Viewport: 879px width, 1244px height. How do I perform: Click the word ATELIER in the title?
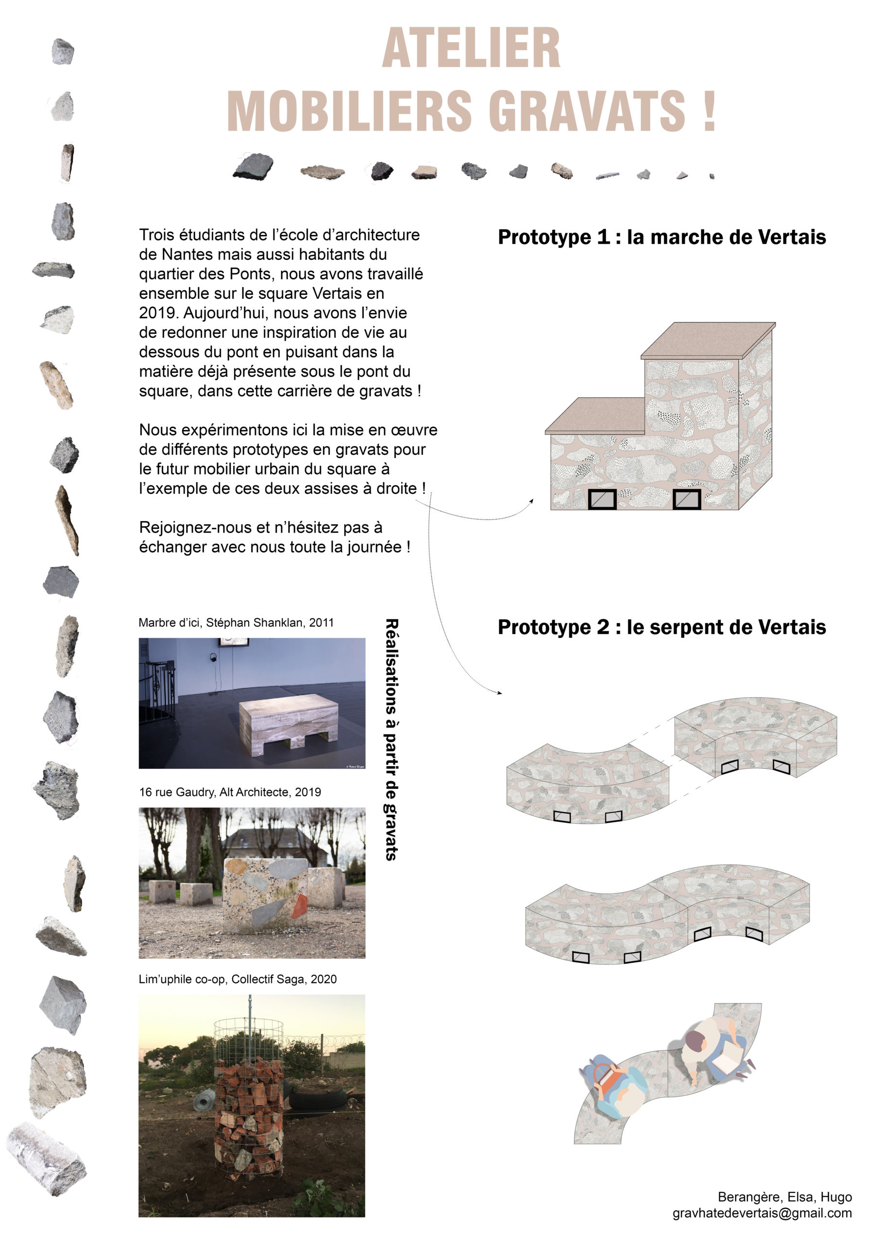coord(471,49)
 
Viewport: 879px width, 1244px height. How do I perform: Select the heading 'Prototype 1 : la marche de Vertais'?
coord(661,237)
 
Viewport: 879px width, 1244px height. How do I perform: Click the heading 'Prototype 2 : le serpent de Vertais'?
coord(661,627)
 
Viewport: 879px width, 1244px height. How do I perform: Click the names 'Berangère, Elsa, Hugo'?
coord(784,1197)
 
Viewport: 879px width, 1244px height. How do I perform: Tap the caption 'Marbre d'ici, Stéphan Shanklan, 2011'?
coord(236,622)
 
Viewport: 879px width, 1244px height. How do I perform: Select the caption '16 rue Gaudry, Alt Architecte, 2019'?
coord(230,792)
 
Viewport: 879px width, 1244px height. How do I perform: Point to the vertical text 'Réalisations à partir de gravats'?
coord(391,740)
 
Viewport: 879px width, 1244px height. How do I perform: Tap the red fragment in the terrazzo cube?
coord(299,906)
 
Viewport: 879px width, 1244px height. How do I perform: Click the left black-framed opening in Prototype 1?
coord(602,499)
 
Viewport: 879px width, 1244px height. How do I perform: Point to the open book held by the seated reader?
coord(726,1064)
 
